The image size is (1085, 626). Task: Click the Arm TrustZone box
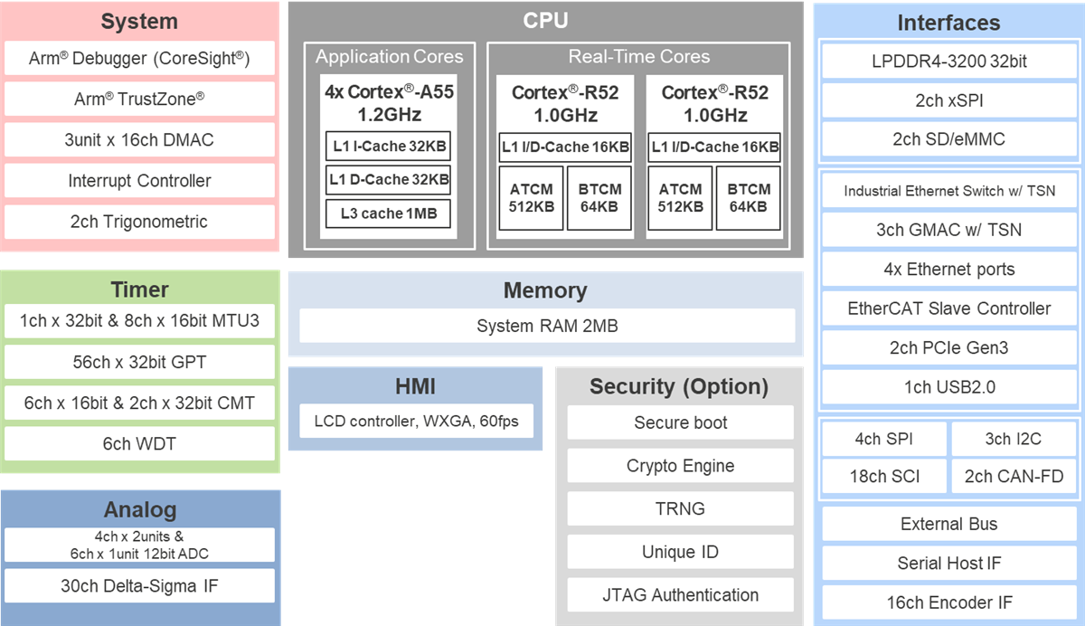point(139,100)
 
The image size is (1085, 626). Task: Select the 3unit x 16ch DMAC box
point(139,140)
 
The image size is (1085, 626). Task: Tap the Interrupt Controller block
point(139,181)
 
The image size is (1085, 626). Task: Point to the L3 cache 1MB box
point(389,213)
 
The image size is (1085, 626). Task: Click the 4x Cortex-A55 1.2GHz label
point(389,103)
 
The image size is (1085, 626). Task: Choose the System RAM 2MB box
point(546,326)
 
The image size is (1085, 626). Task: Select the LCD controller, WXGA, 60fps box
point(416,421)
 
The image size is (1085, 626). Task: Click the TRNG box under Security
point(680,508)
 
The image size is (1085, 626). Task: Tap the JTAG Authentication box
point(680,595)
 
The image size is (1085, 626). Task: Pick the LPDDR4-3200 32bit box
point(948,62)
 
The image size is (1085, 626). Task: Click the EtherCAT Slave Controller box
point(948,308)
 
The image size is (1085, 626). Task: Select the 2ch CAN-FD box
point(1013,476)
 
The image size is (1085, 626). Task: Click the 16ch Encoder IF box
point(948,602)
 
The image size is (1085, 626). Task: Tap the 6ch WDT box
point(139,443)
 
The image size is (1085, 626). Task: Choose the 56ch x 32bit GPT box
point(139,362)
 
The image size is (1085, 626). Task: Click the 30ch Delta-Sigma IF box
point(139,586)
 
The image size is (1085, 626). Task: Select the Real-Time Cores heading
point(637,57)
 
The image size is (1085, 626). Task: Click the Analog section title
point(139,509)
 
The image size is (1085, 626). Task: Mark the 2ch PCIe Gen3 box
point(948,347)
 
